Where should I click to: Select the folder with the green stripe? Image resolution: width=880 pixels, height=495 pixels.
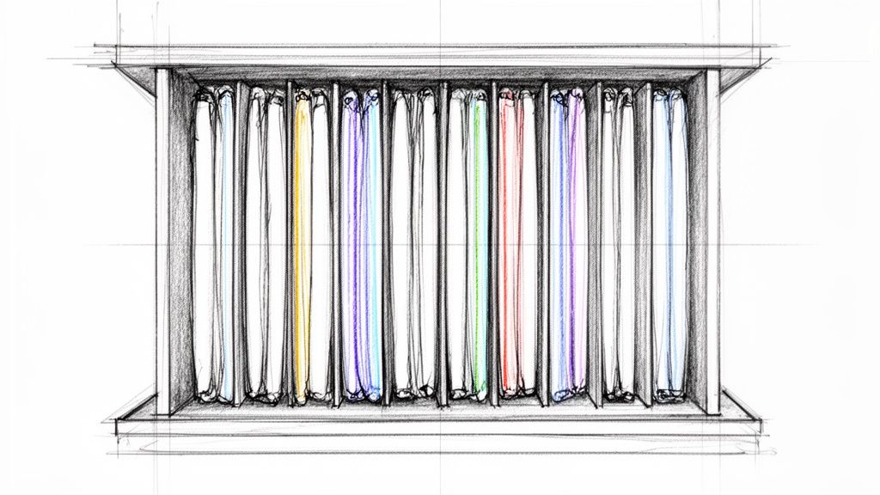(468, 245)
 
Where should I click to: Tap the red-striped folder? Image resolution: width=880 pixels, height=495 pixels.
(517, 245)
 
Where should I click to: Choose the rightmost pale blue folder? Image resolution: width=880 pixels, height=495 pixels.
(669, 245)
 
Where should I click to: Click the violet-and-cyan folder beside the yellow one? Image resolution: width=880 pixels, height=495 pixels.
(361, 245)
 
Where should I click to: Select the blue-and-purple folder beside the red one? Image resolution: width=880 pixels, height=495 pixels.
(567, 245)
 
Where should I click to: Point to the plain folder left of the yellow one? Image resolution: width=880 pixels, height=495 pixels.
(265, 245)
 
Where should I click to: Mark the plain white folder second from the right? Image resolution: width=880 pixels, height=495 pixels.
(618, 245)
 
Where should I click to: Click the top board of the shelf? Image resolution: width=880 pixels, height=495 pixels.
(430, 57)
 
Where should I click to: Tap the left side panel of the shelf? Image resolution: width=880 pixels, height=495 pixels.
(162, 241)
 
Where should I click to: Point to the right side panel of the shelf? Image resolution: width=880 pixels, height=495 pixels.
(712, 241)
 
